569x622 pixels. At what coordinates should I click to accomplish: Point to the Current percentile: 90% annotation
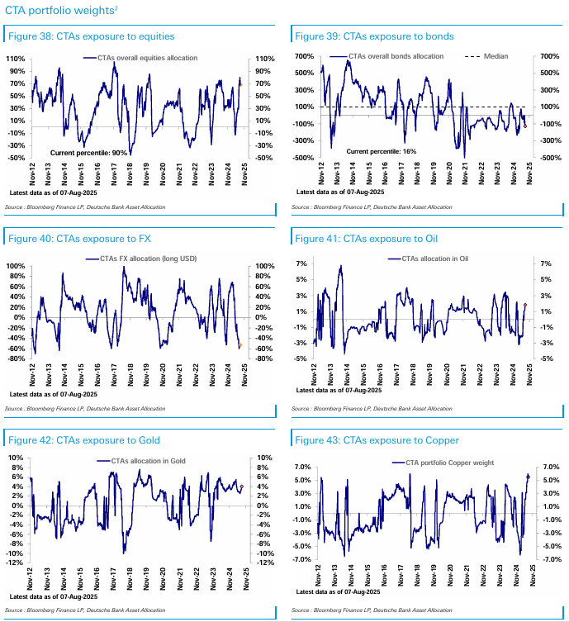point(89,153)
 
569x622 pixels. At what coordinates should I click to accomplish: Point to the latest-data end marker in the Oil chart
point(525,306)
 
